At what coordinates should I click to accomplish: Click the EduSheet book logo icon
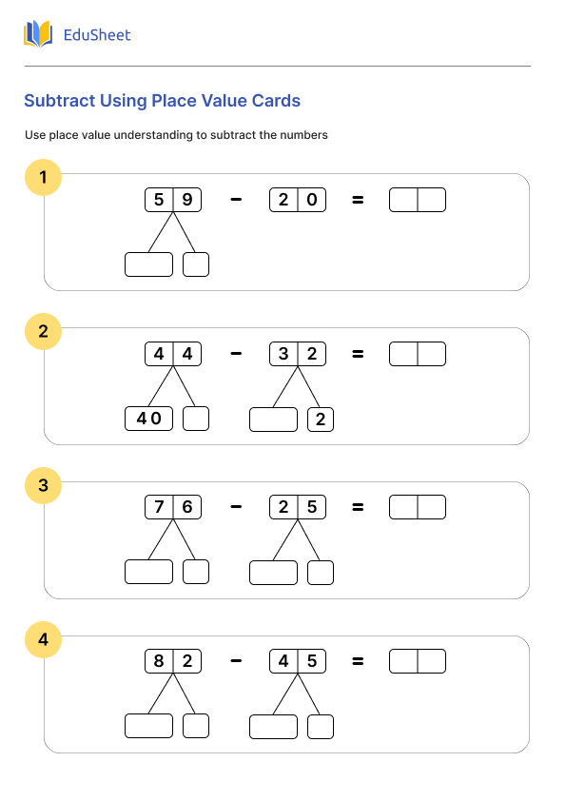[x=38, y=35]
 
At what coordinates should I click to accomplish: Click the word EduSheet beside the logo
[x=96, y=35]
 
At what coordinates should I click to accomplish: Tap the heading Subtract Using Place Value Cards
[x=162, y=101]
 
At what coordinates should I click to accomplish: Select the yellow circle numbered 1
[x=43, y=177]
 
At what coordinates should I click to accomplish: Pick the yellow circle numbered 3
[x=43, y=486]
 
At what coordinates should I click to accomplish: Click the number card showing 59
[x=173, y=200]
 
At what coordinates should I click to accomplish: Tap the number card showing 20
[x=298, y=200]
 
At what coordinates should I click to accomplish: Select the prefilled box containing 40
[x=148, y=419]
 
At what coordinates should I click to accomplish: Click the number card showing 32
[x=298, y=354]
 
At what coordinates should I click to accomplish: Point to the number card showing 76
[x=173, y=507]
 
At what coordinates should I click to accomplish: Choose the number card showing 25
[x=298, y=507]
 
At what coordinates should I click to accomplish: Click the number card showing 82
[x=173, y=661]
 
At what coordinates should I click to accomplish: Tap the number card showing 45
[x=298, y=661]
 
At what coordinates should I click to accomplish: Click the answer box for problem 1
[x=418, y=200]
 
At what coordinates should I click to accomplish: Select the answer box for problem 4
[x=418, y=661]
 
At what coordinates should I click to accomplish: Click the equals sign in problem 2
[x=358, y=354]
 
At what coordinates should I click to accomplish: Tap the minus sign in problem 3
[x=236, y=507]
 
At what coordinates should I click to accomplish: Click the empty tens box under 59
[x=148, y=264]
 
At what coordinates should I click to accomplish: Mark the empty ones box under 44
[x=196, y=419]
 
